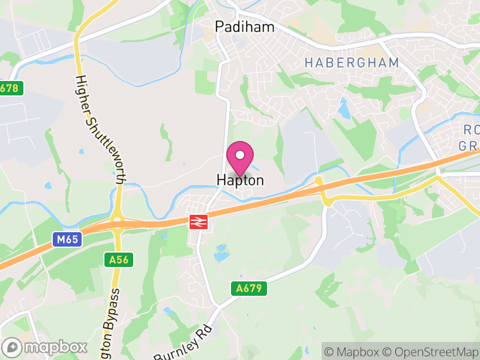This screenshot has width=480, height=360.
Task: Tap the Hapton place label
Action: pos(240,180)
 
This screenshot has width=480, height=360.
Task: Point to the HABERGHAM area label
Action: pos(352,62)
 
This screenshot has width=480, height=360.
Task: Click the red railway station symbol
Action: pos(197,221)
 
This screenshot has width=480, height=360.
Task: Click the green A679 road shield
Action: pos(248,289)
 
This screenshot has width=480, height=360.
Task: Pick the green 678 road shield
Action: pos(10,88)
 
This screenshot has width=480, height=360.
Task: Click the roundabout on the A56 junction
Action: pos(118,223)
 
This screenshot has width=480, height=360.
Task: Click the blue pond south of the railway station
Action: pos(221,256)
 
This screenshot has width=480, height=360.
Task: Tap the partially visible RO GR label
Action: pos(469,138)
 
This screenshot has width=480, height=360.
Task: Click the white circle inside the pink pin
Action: pos(240,154)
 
